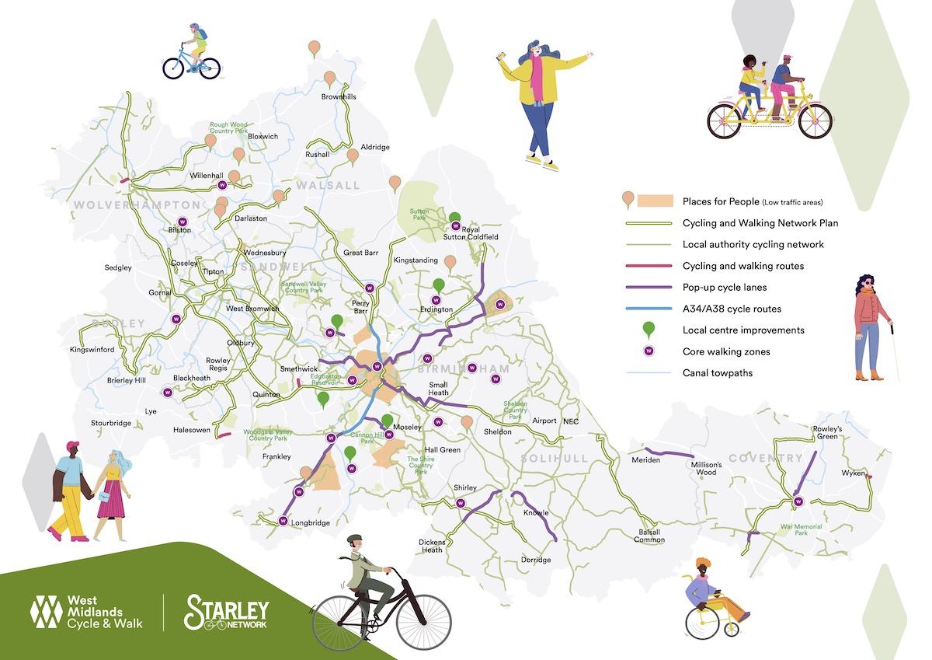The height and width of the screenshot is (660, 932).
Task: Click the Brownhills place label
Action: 339,97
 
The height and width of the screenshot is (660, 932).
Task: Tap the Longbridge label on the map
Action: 310,523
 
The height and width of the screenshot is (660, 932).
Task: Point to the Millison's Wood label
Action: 706,468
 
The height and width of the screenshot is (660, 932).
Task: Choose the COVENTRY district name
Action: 765,458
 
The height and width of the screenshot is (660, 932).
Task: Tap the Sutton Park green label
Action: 420,214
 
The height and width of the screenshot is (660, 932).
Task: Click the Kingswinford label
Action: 92,350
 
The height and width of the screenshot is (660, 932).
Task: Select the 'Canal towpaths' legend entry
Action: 718,373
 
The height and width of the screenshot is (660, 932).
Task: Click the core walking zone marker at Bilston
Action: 183,220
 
